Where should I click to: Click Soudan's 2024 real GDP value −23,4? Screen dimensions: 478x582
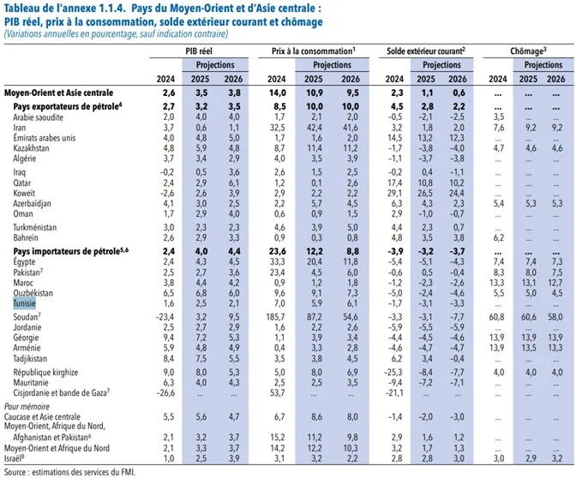(x=167, y=318)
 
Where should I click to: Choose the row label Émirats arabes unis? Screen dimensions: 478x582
(x=46, y=137)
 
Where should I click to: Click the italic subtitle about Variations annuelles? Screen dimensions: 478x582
(x=117, y=35)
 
